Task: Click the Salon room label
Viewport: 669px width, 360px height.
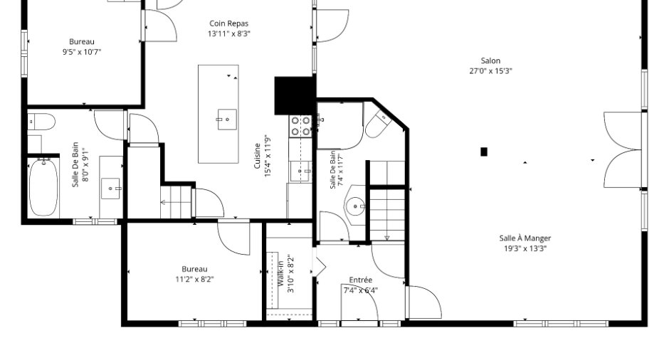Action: pos(490,60)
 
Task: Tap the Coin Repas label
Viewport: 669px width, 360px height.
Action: pos(228,23)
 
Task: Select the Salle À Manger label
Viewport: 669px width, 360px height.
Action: pos(525,238)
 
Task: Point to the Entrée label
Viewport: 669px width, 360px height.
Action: pos(361,280)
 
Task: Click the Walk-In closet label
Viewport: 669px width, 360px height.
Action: pos(280,273)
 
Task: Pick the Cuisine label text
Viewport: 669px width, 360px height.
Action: pos(257,156)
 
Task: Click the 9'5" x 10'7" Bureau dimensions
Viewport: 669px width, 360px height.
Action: pos(82,52)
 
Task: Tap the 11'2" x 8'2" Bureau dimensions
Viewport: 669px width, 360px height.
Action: pos(194,280)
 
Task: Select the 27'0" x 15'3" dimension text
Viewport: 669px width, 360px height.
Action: pos(490,71)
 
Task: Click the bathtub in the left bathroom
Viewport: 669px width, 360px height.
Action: pos(43,188)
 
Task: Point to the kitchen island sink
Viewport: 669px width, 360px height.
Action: pos(226,120)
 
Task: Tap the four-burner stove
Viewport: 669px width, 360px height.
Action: pos(300,126)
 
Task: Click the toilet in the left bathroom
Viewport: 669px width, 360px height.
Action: pos(41,122)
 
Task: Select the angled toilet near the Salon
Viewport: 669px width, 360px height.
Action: pos(379,124)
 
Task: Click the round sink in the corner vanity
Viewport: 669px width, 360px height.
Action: pos(355,206)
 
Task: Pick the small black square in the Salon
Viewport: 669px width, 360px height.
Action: pos(484,152)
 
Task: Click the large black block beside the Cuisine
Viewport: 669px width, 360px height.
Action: pos(295,95)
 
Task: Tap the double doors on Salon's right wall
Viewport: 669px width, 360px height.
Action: pos(623,149)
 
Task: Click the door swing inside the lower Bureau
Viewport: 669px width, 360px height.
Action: pos(233,238)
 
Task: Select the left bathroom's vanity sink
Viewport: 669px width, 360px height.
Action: pos(110,189)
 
